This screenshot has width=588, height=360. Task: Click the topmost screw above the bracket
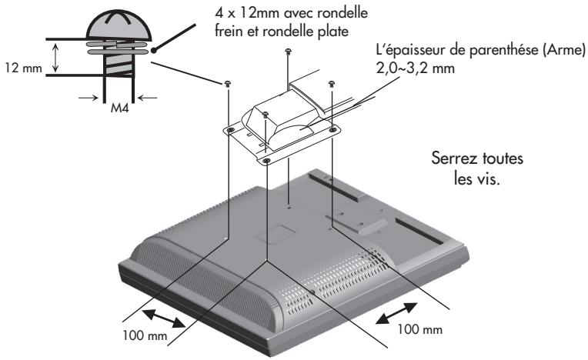coord(288,52)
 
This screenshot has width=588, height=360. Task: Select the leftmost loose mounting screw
coord(229,84)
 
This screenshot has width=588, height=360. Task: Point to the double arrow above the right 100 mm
coord(400,312)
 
